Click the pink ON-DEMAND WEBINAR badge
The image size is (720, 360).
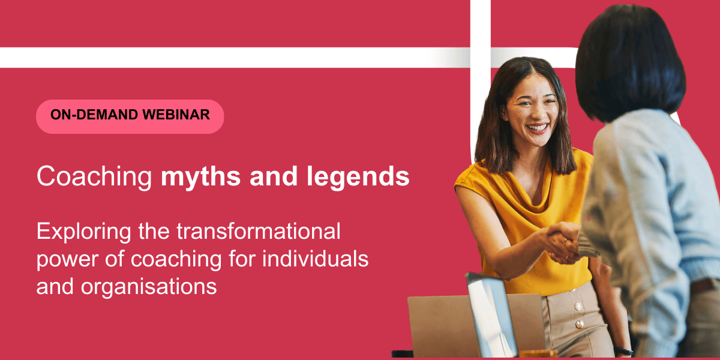pyautogui.click(x=130, y=116)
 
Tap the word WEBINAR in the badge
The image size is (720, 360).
pyautogui.click(x=176, y=115)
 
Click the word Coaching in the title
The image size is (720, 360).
pyautogui.click(x=94, y=177)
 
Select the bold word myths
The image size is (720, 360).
pyautogui.click(x=200, y=178)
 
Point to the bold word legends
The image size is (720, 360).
pyautogui.click(x=358, y=178)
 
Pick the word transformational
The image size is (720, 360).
pyautogui.click(x=259, y=231)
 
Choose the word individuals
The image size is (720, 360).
pyautogui.click(x=316, y=259)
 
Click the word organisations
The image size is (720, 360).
pyautogui.click(x=149, y=287)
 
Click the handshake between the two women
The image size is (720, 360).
pyautogui.click(x=563, y=242)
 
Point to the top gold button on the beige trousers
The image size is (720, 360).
pyautogui.click(x=572, y=290)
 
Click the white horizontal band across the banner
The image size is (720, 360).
pyautogui.click(x=235, y=58)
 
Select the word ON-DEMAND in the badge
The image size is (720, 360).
pyautogui.click(x=95, y=115)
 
